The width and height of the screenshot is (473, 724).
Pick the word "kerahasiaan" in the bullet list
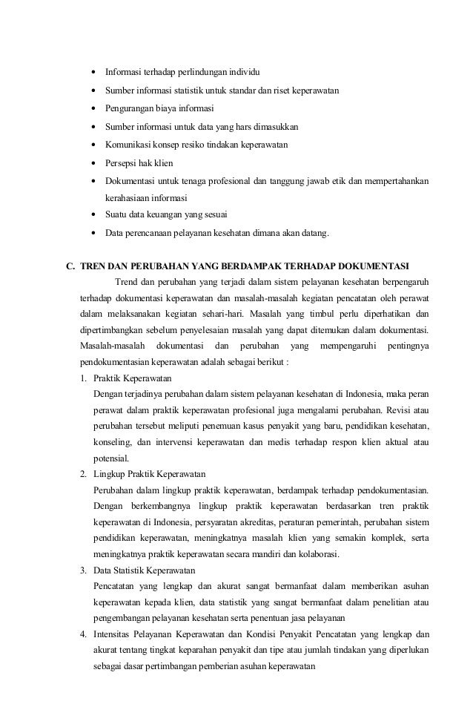pos(130,199)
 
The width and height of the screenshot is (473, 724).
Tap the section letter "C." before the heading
pos(72,266)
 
